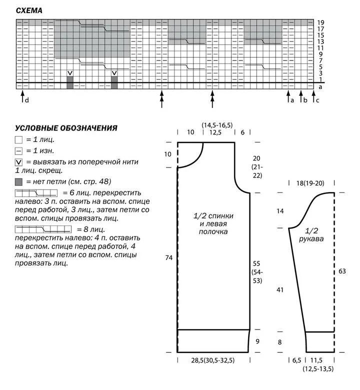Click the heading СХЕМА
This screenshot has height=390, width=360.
click(x=29, y=10)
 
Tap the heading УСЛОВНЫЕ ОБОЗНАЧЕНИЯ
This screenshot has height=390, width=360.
click(x=66, y=128)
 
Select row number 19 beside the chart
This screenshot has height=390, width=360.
click(x=321, y=22)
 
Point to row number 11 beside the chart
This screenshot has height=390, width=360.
click(x=321, y=48)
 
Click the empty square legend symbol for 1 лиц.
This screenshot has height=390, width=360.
click(x=19, y=139)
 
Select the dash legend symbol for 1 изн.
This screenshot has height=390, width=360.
click(x=19, y=150)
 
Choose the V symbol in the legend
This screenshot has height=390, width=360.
click(x=19, y=162)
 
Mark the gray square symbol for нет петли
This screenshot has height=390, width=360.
click(x=19, y=181)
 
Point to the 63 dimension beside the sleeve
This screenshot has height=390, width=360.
click(x=342, y=271)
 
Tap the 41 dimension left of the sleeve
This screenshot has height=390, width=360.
click(x=280, y=290)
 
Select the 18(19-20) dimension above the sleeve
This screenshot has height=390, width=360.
click(x=310, y=183)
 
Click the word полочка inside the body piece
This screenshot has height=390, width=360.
click(x=213, y=232)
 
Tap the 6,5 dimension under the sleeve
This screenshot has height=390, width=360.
click(x=296, y=360)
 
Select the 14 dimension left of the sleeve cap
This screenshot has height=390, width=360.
click(x=280, y=211)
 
